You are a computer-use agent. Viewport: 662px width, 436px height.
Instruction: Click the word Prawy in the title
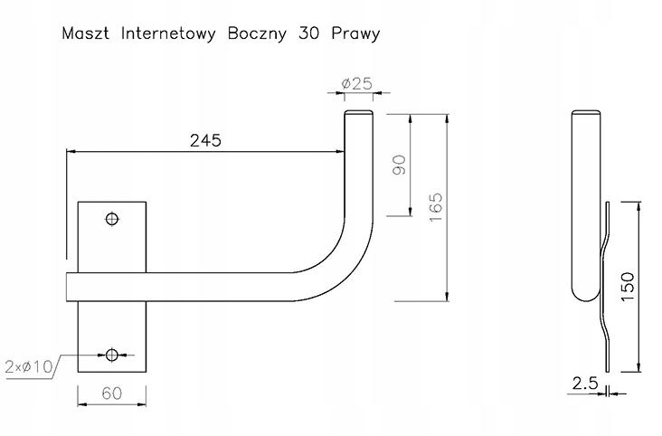coord(355,34)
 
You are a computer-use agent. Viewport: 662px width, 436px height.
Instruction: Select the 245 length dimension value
coord(205,140)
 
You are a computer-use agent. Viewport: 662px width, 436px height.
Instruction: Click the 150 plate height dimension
coord(630,285)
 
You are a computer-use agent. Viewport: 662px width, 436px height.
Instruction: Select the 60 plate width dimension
coord(111,393)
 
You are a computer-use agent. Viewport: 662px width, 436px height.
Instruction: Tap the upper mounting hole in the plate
coord(112,219)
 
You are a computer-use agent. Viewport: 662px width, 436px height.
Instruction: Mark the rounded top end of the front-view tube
coord(357,113)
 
